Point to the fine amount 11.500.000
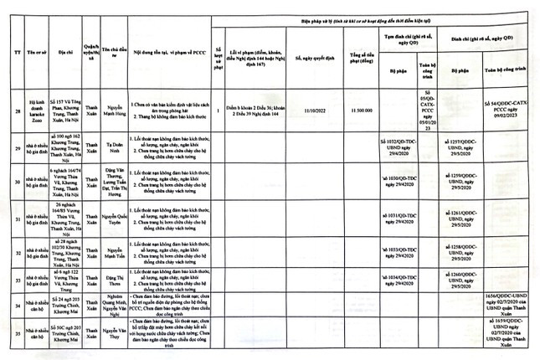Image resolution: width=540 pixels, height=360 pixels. coord(362,110)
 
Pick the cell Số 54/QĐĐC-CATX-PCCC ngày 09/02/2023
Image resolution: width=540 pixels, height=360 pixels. coord(511,106)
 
